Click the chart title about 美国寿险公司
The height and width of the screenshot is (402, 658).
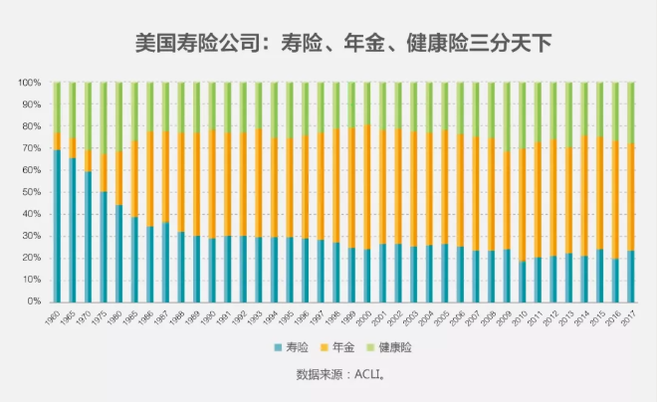coord(342,43)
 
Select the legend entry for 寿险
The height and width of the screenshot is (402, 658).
coord(292,347)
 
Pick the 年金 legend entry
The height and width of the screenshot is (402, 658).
coord(346,347)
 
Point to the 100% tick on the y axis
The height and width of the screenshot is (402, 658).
coord(30,83)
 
